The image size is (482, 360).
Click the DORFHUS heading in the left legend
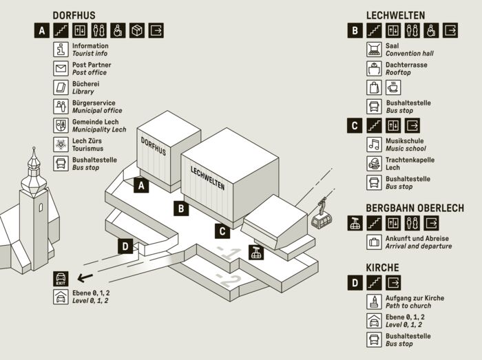74,15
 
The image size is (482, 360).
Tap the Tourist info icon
61,50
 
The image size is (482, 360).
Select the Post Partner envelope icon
61,69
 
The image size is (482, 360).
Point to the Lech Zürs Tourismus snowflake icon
61,145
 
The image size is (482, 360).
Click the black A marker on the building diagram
141,184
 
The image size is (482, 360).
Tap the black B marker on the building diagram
180,207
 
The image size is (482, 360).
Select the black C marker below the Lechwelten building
221,231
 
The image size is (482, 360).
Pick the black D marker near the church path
125,246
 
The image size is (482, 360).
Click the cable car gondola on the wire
321,218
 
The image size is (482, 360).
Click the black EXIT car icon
61,279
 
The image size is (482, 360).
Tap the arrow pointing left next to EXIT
85,279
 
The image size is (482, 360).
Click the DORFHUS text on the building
154,151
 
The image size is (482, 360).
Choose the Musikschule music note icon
374,145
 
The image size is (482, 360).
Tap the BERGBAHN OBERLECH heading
415,208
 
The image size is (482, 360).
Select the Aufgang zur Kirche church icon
374,301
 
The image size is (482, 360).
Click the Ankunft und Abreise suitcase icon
374,242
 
